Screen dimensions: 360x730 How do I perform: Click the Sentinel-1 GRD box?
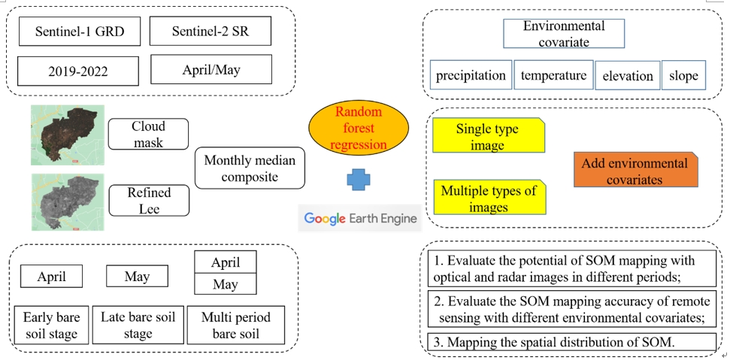(x=79, y=32)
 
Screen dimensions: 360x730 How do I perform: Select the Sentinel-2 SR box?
(x=210, y=32)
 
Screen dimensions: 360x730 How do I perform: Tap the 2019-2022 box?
(x=78, y=71)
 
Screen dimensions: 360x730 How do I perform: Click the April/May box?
(x=211, y=70)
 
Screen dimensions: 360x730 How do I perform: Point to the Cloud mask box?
(x=148, y=134)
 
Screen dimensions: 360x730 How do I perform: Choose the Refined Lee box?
(x=148, y=200)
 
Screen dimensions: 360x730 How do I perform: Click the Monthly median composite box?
(x=250, y=168)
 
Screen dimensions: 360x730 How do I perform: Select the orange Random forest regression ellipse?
(x=359, y=128)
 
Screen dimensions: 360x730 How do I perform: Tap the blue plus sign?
(x=359, y=180)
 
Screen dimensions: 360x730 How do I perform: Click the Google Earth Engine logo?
(x=359, y=219)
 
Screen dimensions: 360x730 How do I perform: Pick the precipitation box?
(x=471, y=75)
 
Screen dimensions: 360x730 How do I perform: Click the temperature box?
(x=553, y=75)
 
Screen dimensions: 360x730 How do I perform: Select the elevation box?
(x=628, y=76)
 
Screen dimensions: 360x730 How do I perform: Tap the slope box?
(x=683, y=75)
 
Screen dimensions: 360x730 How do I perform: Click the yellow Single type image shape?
(x=488, y=136)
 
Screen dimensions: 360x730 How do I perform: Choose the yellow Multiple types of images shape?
(x=489, y=198)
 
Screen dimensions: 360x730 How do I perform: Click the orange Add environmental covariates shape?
(x=635, y=170)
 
